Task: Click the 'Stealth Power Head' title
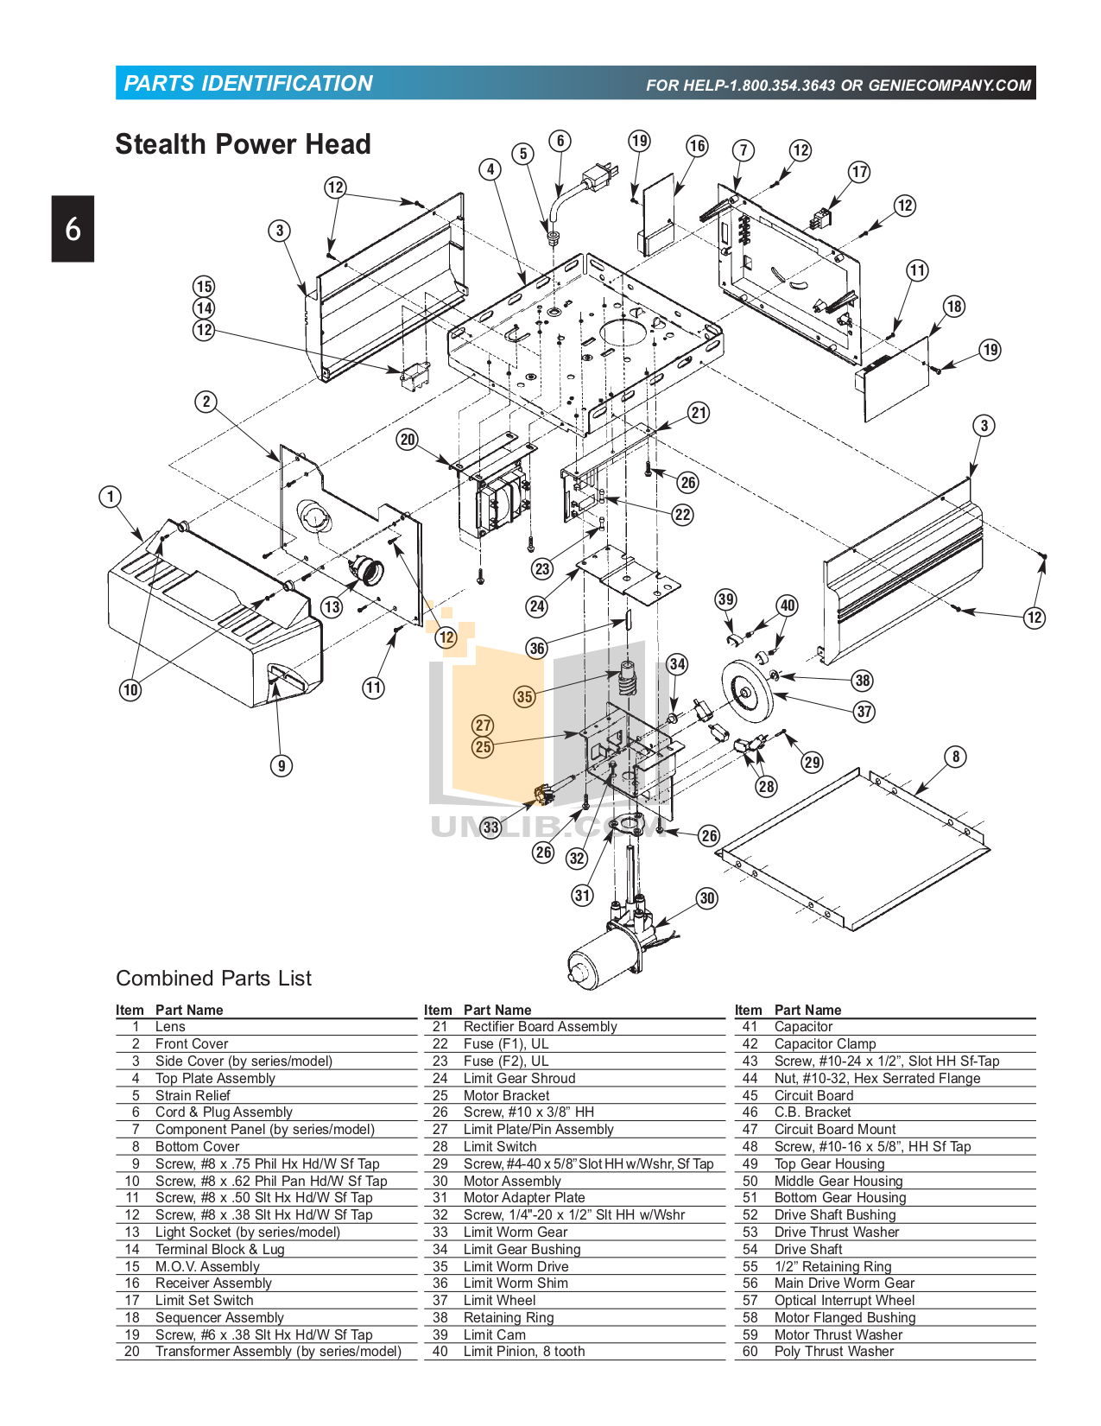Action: (x=243, y=144)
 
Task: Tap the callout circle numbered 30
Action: (x=707, y=898)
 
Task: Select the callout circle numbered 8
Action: (x=955, y=757)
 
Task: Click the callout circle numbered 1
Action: (x=110, y=497)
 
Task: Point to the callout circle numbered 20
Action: (x=408, y=439)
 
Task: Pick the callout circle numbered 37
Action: (x=864, y=711)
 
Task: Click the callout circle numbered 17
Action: (x=859, y=172)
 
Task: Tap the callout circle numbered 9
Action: (x=281, y=765)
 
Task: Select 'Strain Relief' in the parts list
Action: (x=193, y=1095)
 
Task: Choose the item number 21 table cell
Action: (x=440, y=1027)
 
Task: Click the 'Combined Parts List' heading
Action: (x=213, y=979)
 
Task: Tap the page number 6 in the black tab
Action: (x=73, y=229)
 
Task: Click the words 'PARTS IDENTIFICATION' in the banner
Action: (x=248, y=84)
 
